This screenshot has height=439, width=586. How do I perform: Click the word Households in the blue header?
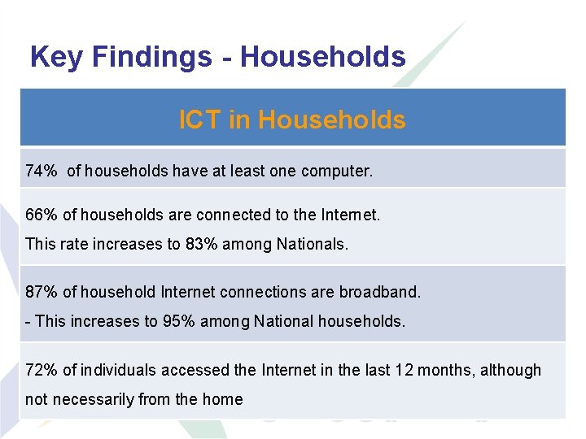click(331, 120)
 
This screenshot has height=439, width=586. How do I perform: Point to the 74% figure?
click(42, 171)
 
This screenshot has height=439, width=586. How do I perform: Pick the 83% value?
click(200, 244)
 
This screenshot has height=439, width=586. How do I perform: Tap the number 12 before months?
click(404, 370)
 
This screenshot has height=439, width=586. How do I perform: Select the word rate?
click(69, 244)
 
